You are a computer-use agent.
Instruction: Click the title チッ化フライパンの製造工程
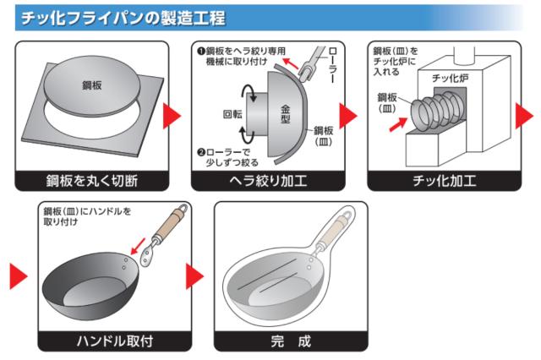coord(123,18)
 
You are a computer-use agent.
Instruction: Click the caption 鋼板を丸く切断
coord(92,181)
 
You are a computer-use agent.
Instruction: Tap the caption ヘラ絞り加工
coord(268,181)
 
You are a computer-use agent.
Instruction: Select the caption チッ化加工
coord(445,181)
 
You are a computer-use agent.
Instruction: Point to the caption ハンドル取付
coord(115,341)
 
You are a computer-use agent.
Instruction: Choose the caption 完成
coord(291,341)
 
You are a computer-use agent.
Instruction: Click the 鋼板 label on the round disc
coord(92,85)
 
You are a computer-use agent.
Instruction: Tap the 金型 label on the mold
coord(285,114)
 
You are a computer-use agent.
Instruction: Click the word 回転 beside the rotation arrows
coord(232,114)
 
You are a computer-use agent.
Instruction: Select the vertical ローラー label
coord(332,65)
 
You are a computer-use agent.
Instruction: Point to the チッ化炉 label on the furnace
coord(450,79)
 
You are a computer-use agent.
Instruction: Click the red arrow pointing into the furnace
coord(398,124)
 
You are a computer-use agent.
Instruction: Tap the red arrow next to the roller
coord(290,63)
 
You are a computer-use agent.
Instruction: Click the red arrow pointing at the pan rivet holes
coord(138,246)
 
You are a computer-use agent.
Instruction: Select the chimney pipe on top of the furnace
coord(464,55)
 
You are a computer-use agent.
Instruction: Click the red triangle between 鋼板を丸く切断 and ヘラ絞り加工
coord(172,116)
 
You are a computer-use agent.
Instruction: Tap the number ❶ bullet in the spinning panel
coord(201,52)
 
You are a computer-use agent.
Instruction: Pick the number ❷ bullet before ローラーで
coord(201,152)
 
